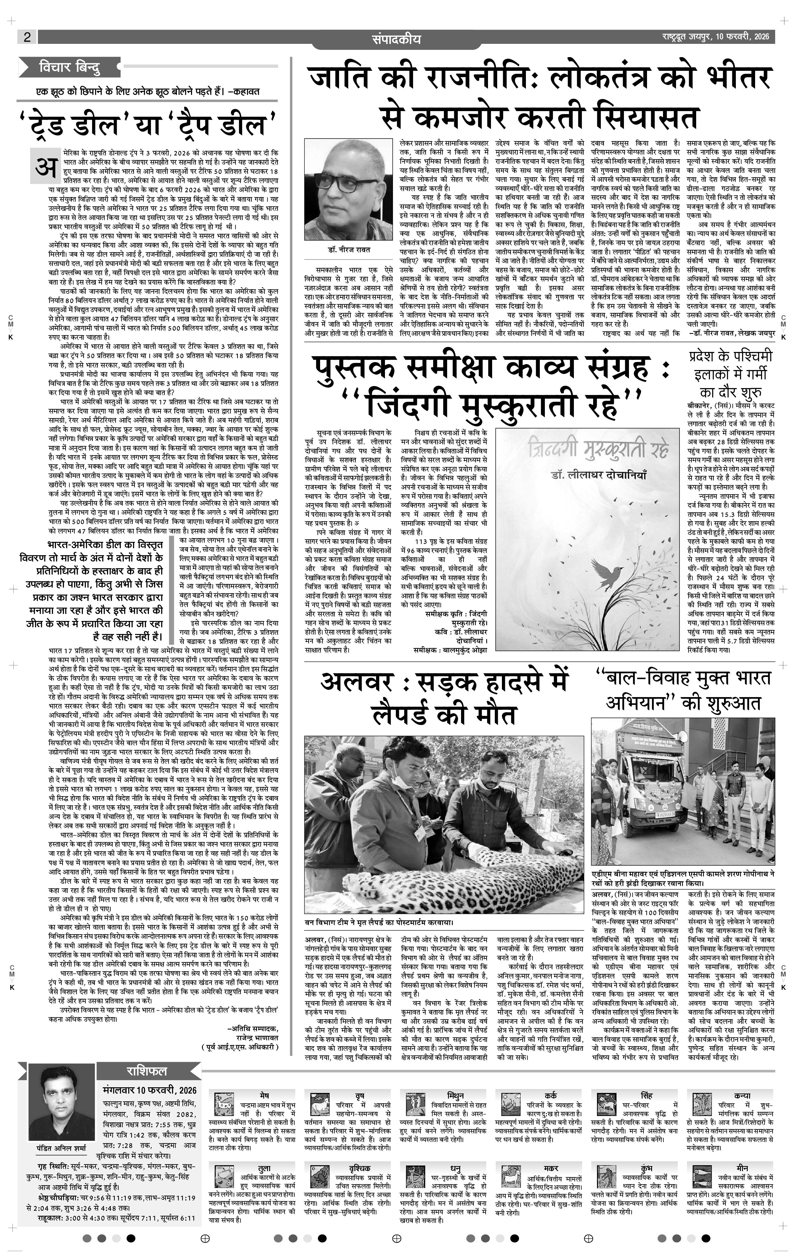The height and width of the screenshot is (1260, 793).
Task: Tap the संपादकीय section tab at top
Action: pyautogui.click(x=396, y=39)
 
